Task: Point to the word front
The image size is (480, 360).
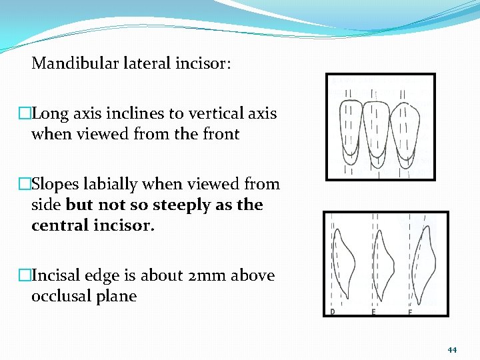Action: [218, 134]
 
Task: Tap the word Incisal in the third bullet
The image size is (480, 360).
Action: [57, 275]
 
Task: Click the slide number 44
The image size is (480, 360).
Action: [452, 350]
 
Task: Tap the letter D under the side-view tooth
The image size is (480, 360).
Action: [333, 311]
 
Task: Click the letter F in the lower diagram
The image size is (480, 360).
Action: [410, 311]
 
